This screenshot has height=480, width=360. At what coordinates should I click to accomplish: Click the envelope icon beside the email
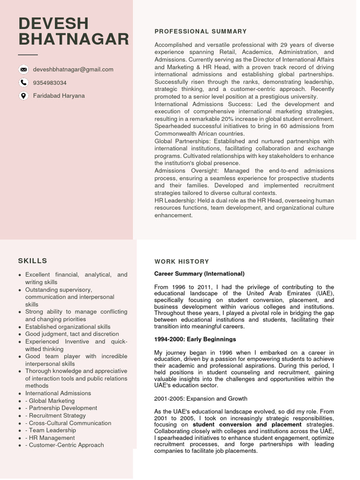pos(23,69)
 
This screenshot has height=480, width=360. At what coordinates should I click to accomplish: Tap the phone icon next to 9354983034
pos(23,82)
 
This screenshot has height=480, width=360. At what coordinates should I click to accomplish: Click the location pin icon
pos(23,96)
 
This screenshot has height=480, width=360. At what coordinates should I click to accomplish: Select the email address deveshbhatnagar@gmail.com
pos(73,69)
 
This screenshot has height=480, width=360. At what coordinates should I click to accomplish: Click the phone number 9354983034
pos(50,82)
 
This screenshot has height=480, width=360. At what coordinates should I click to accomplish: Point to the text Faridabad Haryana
pos(59,96)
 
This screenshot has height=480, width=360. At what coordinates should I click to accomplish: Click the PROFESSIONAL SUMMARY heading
pos(200,31)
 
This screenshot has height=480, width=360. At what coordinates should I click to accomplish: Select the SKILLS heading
pos(33,261)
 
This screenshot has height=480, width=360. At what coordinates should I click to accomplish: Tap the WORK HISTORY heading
pos(181,262)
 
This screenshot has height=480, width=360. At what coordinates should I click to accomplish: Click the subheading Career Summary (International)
pos(199,274)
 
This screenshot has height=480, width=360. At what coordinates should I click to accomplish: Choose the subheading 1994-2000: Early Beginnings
pos(195,339)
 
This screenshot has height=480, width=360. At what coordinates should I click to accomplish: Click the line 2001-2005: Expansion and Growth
pos(201,398)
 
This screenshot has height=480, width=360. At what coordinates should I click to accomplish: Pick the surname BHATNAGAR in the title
pos(74,39)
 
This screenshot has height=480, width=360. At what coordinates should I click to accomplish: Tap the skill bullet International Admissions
pos(58,393)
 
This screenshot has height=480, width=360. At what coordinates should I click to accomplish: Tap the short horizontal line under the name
pos(28,55)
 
